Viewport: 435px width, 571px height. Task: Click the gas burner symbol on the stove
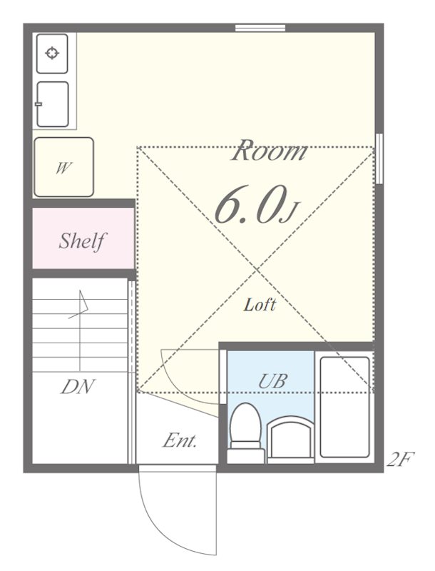tap(52, 53)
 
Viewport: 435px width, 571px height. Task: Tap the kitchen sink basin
tap(53, 104)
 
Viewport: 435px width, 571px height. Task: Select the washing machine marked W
tap(63, 167)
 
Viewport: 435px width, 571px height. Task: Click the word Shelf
tap(82, 241)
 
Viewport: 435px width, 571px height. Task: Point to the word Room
tap(269, 150)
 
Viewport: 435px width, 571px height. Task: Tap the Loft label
tap(260, 305)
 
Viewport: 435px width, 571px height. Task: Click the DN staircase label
tap(78, 387)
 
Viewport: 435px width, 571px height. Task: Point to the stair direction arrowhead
tap(82, 303)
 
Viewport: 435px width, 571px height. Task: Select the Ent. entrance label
tap(180, 440)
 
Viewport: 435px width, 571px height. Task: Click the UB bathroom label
tap(273, 380)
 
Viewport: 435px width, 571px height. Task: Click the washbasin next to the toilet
tap(291, 438)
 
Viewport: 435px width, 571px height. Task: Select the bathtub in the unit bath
tap(345, 407)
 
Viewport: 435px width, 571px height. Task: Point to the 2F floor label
tap(401, 459)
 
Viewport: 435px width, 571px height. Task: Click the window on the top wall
tap(260, 28)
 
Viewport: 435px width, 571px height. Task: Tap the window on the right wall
tap(379, 158)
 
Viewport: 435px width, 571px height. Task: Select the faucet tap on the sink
tap(39, 104)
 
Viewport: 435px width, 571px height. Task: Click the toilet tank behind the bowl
tap(246, 456)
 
